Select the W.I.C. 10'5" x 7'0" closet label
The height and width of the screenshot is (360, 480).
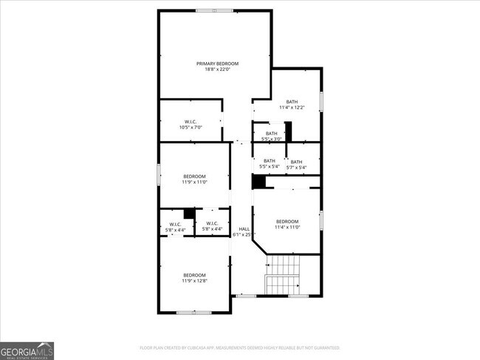pyautogui.click(x=191, y=124)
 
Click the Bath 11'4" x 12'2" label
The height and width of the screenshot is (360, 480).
pyautogui.click(x=292, y=104)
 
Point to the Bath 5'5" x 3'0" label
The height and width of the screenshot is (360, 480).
pyautogui.click(x=272, y=136)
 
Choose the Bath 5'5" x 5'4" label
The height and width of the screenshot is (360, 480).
pyautogui.click(x=269, y=163)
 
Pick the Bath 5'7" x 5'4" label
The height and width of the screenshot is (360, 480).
pyautogui.click(x=296, y=164)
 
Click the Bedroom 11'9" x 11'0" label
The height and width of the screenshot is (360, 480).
pyautogui.click(x=194, y=179)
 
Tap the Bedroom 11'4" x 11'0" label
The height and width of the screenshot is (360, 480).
pyautogui.click(x=287, y=224)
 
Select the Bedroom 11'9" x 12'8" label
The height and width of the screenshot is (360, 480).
pyautogui.click(x=194, y=278)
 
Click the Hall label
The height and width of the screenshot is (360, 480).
pyautogui.click(x=243, y=231)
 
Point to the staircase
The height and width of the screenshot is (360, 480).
pyautogui.click(x=283, y=275)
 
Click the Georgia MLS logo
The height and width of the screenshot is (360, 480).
pyautogui.click(x=27, y=350)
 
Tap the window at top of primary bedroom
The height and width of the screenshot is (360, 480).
pyautogui.click(x=214, y=10)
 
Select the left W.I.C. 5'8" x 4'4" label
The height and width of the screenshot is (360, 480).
pyautogui.click(x=175, y=226)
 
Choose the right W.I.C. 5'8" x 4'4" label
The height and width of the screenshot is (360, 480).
pyautogui.click(x=212, y=226)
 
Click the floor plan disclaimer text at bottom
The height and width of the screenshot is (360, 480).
pyautogui.click(x=240, y=347)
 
